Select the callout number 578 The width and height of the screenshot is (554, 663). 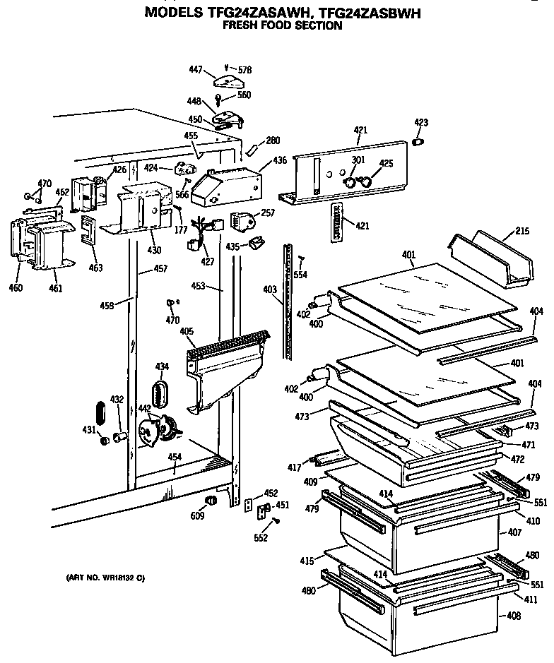point(245,70)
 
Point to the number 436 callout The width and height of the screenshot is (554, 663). point(280,161)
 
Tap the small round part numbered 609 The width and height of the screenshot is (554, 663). point(208,501)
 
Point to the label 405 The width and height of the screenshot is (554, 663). point(187,331)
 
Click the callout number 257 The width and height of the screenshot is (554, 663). point(268,213)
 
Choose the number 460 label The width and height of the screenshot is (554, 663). point(16,287)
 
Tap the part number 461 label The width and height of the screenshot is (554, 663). point(55,287)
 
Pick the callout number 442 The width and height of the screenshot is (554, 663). point(143,408)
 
